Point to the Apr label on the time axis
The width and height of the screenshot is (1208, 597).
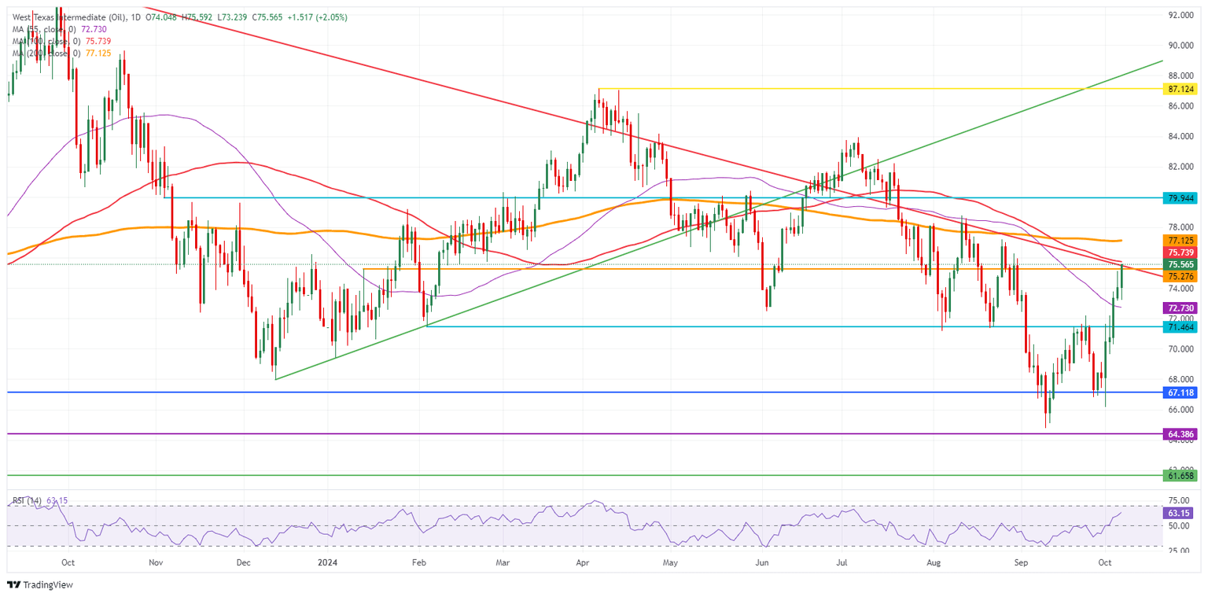point(583,562)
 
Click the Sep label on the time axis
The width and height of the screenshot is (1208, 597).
point(1022,562)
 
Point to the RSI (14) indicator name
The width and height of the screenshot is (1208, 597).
point(28,501)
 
